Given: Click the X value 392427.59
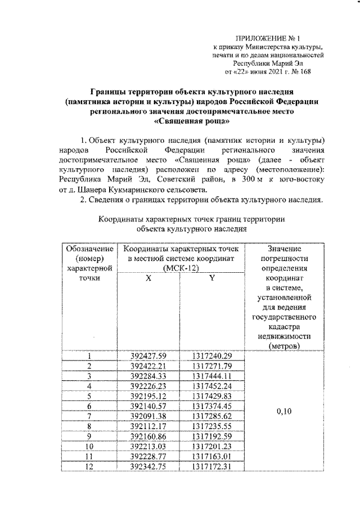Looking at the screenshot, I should pyautogui.click(x=148, y=355).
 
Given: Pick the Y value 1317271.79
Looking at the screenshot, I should pyautogui.click(x=211, y=366).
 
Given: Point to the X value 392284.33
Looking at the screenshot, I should pyautogui.click(x=148, y=376).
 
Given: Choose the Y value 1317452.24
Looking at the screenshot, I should pyautogui.click(x=211, y=386).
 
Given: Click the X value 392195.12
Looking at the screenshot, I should pyautogui.click(x=148, y=396).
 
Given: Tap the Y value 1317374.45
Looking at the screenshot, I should pyautogui.click(x=211, y=406).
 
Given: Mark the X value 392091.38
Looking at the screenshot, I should pyautogui.click(x=148, y=416).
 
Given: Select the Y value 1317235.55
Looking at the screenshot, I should pyautogui.click(x=211, y=426).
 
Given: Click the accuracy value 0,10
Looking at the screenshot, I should pyautogui.click(x=284, y=411).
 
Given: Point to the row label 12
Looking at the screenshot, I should pyautogui.click(x=89, y=466).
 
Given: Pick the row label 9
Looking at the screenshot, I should pyautogui.click(x=89, y=436).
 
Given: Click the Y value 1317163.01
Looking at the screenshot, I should pyautogui.click(x=211, y=457).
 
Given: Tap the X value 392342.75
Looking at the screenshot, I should pyautogui.click(x=148, y=466).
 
